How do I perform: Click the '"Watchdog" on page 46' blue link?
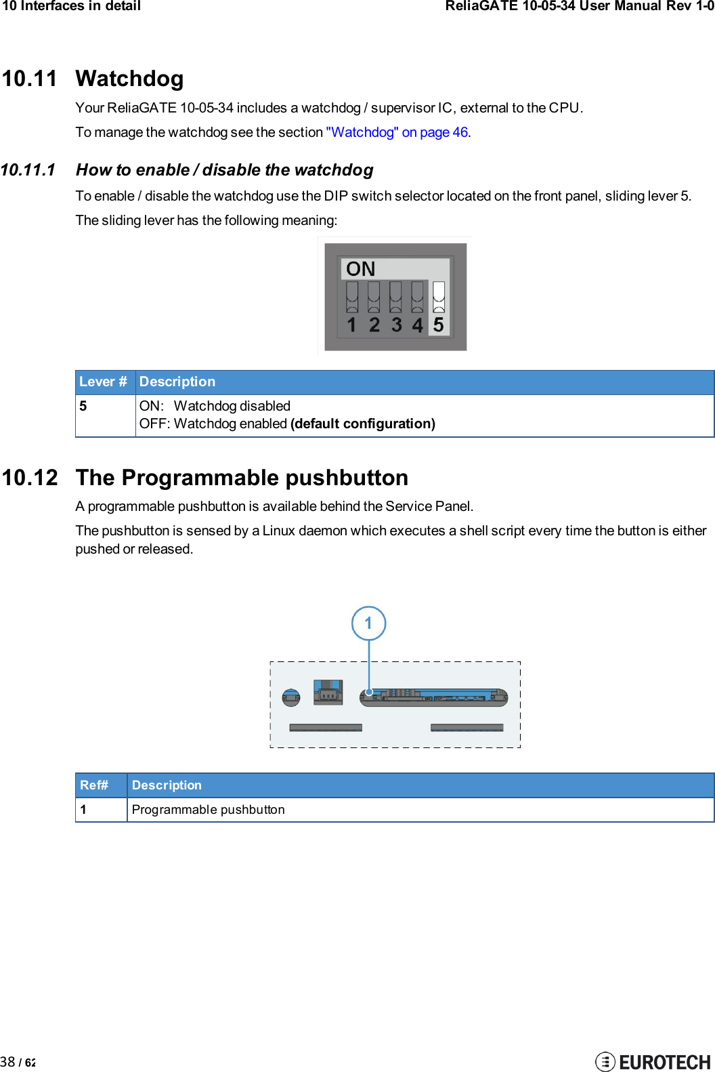(x=397, y=132)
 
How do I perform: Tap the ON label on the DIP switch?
(x=360, y=269)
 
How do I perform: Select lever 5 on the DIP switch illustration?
(x=439, y=296)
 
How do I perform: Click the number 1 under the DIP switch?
(x=351, y=325)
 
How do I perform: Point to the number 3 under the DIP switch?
(x=396, y=325)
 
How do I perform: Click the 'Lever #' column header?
(x=103, y=382)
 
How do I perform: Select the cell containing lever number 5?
(x=83, y=406)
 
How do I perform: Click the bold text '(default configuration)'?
(x=362, y=424)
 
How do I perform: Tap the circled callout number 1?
(x=368, y=623)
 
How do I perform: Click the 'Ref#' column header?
(x=94, y=785)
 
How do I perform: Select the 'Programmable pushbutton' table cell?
(x=208, y=810)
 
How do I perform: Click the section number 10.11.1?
(x=28, y=170)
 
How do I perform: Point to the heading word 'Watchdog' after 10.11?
(x=129, y=79)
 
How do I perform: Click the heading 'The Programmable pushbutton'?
(x=242, y=478)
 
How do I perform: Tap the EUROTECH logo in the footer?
(x=653, y=1061)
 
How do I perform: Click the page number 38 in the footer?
(x=8, y=1062)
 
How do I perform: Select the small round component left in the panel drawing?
(x=291, y=697)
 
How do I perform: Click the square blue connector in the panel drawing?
(x=328, y=692)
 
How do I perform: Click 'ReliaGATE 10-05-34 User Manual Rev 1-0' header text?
(x=579, y=6)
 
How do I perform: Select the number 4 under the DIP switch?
(x=417, y=325)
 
